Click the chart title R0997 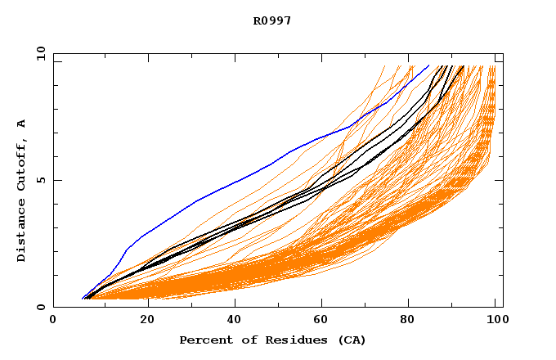tap(272, 21)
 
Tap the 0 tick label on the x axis tap(54, 321)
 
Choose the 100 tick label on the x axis tap(495, 321)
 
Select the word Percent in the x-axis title tap(202, 340)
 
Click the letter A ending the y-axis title tap(22, 124)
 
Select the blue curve tap(245, 176)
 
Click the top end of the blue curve tap(428, 66)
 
